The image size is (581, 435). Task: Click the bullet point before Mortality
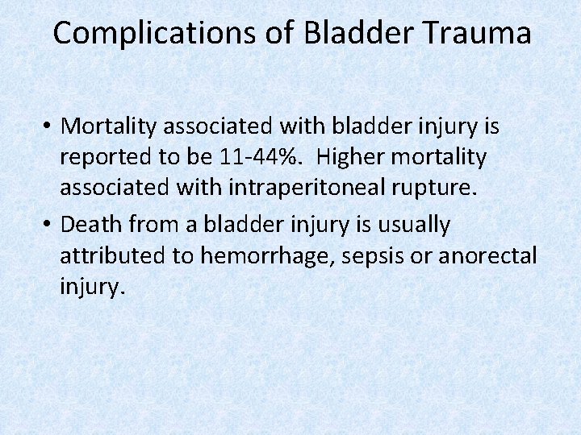pyautogui.click(x=48, y=127)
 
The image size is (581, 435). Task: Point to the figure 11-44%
pyautogui.click(x=254, y=158)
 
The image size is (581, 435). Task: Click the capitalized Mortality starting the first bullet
pyautogui.click(x=112, y=126)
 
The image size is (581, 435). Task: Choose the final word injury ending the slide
pyautogui.click(x=92, y=288)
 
